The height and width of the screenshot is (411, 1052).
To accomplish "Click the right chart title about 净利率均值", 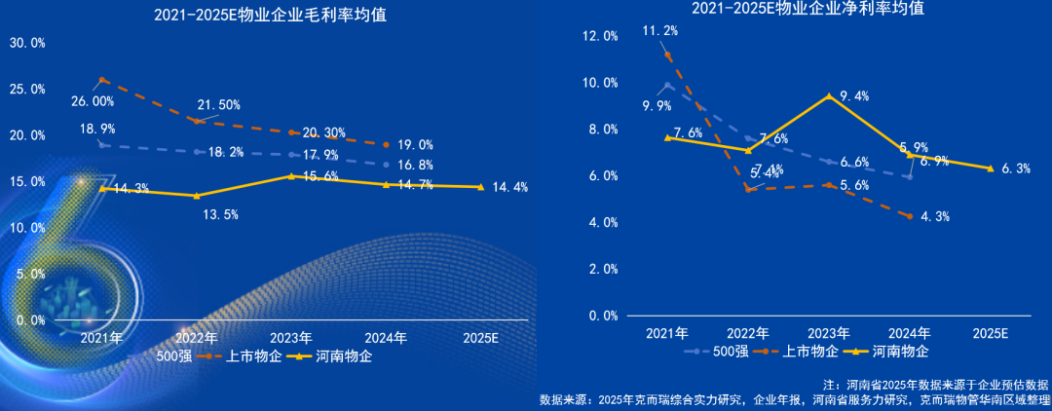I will click(x=808, y=9).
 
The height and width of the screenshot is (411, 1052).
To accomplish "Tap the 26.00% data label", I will click(x=93, y=101).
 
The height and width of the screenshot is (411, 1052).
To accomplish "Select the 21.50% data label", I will click(x=218, y=104).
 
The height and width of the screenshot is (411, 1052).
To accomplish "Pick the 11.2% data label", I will click(x=659, y=31).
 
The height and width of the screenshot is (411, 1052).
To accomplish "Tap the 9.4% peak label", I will click(x=852, y=95).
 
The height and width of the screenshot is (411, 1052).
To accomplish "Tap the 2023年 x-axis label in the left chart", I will click(x=290, y=338).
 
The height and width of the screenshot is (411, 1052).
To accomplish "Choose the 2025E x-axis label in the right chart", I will click(x=989, y=332).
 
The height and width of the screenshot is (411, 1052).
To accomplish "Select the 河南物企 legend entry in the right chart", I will click(x=898, y=351).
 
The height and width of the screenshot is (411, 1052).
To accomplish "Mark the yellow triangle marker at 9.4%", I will click(x=828, y=95).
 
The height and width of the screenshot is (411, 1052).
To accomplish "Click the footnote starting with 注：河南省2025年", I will click(x=936, y=385).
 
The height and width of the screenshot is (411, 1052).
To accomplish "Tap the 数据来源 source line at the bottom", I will click(x=794, y=399).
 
